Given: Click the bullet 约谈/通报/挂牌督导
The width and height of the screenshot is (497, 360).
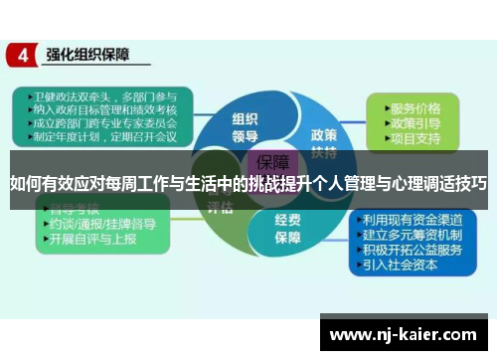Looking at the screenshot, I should (99, 225).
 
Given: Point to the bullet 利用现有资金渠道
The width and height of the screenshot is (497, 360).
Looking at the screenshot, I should (412, 220).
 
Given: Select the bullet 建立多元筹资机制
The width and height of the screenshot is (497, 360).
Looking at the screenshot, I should (412, 236).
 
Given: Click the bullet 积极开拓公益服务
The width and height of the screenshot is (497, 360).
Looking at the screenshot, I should (412, 251).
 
